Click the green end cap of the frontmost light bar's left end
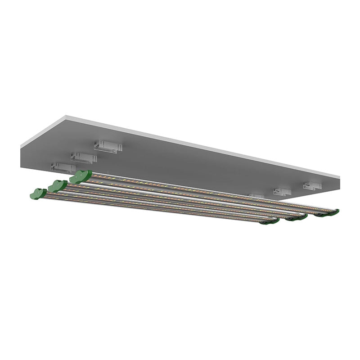click(38, 193)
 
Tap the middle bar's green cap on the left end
click(57, 185)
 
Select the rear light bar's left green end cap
click(81, 176)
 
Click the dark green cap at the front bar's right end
click(270, 221)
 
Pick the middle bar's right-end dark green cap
click(297, 218)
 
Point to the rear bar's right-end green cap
click(327, 213)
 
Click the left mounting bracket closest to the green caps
click(63, 167)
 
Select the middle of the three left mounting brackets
click(83, 157)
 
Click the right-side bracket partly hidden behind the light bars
click(256, 196)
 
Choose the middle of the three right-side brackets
click(282, 191)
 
